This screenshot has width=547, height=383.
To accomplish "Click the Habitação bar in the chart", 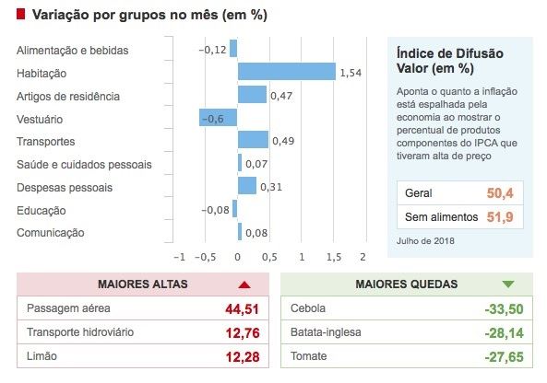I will click(x=286, y=72).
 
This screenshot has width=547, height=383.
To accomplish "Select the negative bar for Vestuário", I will click(x=218, y=118).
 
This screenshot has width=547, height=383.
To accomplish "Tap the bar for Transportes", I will click(x=253, y=140).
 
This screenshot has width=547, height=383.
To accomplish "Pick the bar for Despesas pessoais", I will click(x=246, y=186).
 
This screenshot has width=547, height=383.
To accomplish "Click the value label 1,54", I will click(x=351, y=72).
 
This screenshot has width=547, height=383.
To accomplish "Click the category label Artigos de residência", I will click(x=68, y=96).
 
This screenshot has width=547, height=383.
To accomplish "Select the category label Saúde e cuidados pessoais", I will click(x=84, y=165).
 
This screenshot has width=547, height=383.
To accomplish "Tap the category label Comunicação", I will click(x=51, y=233).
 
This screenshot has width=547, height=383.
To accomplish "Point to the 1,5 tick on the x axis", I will click(x=333, y=257).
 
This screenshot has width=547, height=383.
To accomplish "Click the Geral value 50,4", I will click(x=499, y=193).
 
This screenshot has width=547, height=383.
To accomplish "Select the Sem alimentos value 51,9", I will click(x=499, y=217).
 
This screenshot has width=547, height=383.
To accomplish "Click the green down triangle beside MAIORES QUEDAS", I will click(x=508, y=284).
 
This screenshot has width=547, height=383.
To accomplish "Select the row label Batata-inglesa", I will click(x=326, y=331).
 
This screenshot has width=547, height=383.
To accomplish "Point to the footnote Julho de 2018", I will click(x=425, y=241).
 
